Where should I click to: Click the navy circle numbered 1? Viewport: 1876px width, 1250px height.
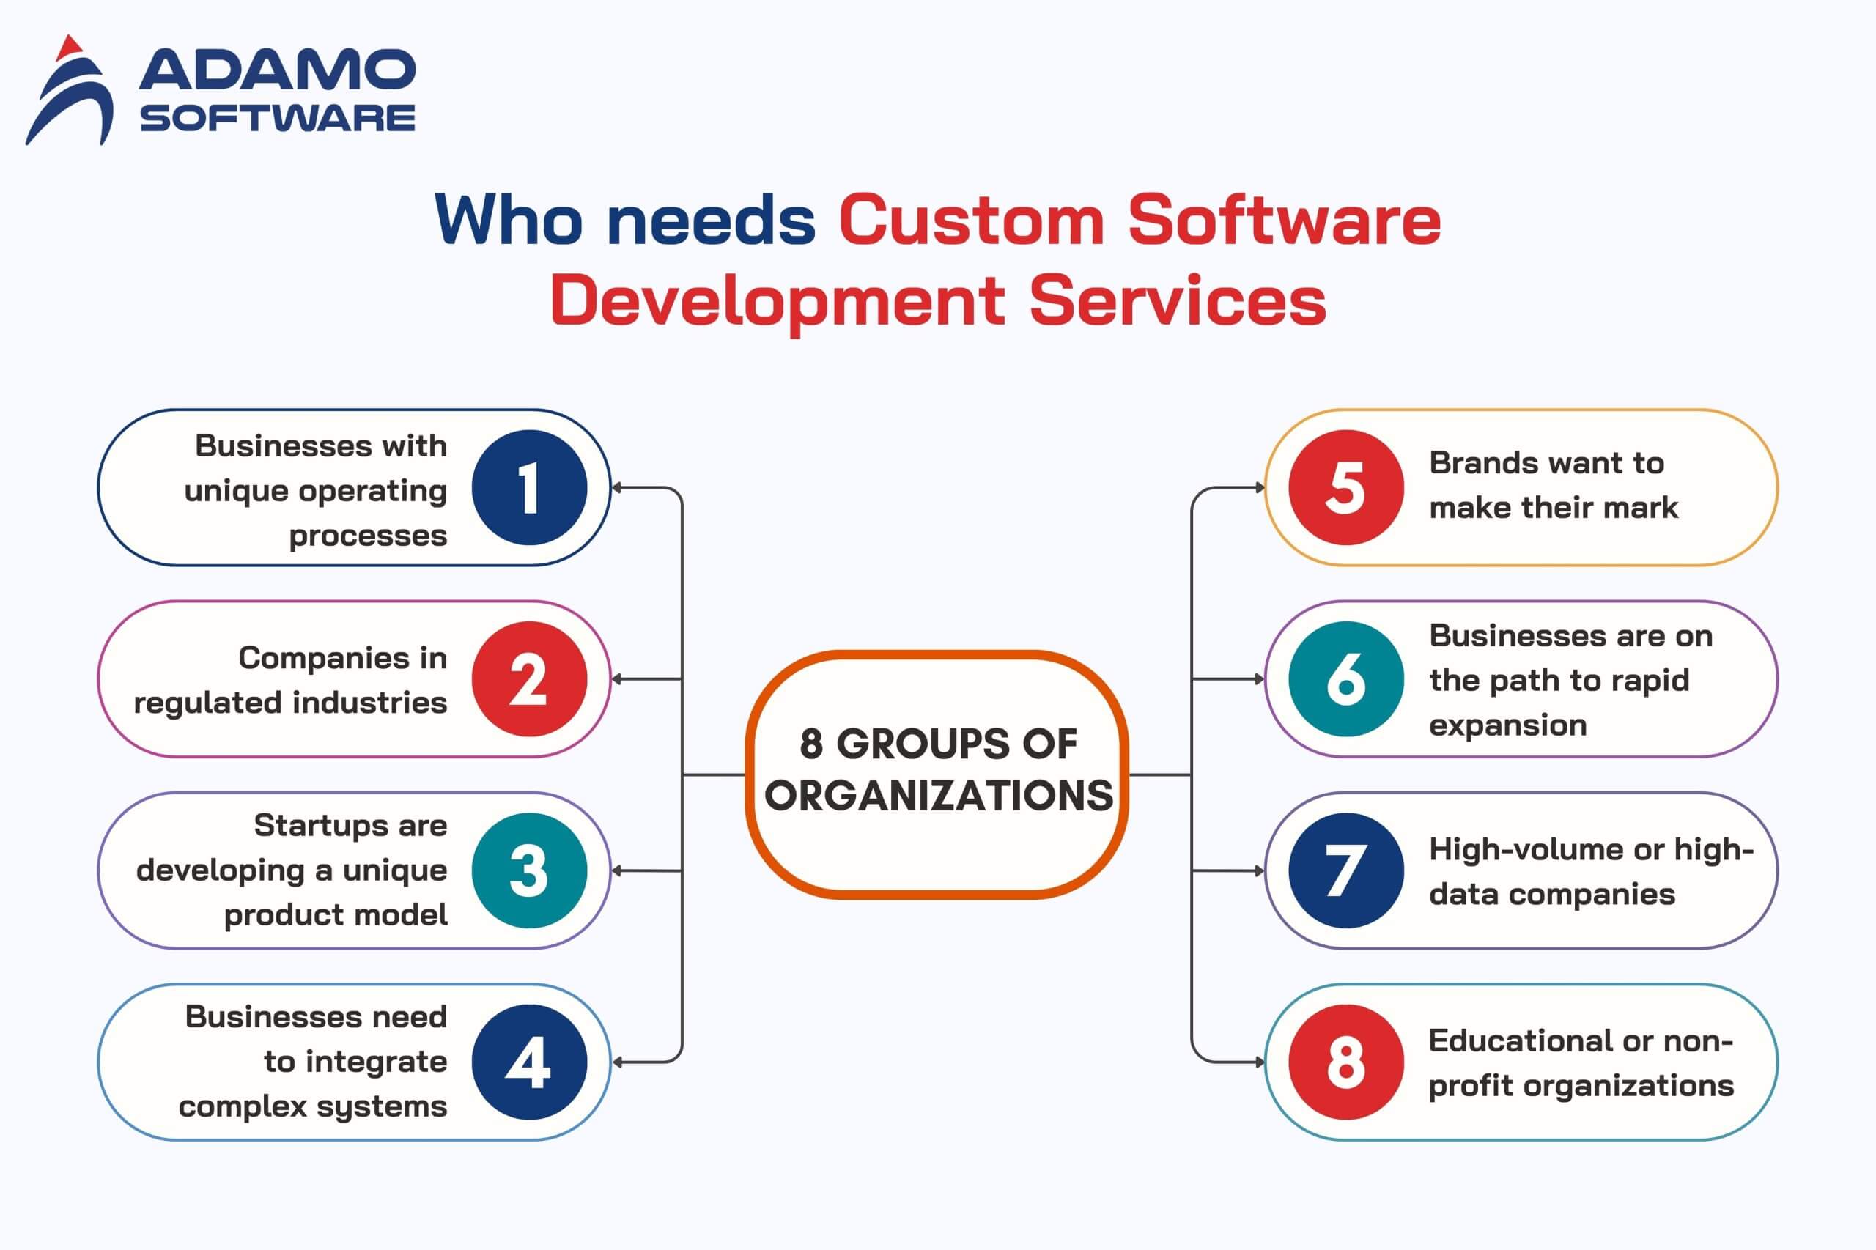tap(529, 488)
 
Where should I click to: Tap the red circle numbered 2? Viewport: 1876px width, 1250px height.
tap(529, 679)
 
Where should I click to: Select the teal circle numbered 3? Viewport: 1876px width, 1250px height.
tap(529, 870)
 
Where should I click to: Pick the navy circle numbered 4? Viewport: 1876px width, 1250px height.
tap(529, 1062)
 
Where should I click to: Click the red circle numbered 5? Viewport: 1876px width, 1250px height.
tap(1347, 488)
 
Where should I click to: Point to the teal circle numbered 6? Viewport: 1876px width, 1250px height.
tap(1347, 679)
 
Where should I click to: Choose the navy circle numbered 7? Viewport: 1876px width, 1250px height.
tap(1347, 870)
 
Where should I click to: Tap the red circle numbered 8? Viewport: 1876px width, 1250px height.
tap(1347, 1062)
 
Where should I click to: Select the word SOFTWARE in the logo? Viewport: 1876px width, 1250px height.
tap(278, 118)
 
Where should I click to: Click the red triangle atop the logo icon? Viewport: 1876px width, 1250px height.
tap(70, 47)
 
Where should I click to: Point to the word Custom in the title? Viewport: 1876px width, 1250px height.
tap(972, 219)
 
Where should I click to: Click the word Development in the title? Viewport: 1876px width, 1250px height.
tap(778, 302)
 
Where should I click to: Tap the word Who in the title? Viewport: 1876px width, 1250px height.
tap(509, 219)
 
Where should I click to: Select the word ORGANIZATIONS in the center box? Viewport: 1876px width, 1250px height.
tap(939, 796)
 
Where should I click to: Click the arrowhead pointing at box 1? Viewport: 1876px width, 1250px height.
tap(616, 488)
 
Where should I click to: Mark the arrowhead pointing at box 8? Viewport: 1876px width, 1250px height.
tap(1260, 1062)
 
